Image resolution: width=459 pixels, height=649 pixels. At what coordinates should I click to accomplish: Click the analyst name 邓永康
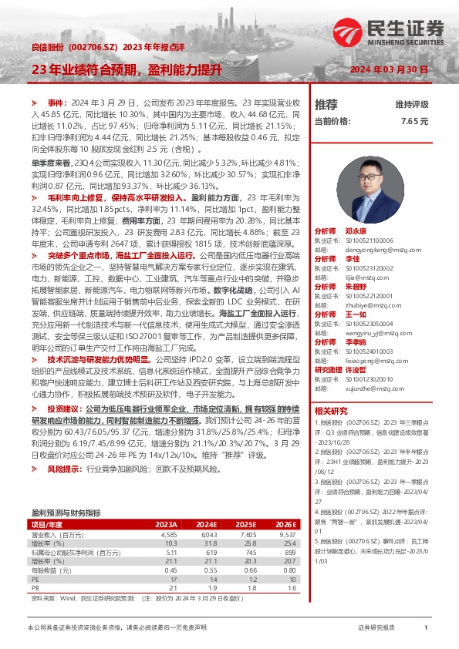(x=355, y=231)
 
